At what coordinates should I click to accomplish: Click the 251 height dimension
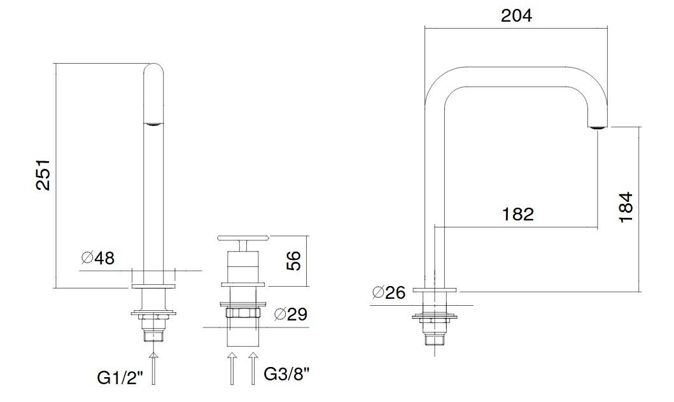pos(43,175)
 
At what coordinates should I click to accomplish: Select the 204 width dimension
pos(516,15)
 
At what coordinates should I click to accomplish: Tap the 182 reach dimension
pos(517,214)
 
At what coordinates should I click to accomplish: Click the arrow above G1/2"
pos(152,366)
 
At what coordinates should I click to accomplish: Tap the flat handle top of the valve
pos(244,238)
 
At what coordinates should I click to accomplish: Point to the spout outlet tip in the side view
pos(596,127)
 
